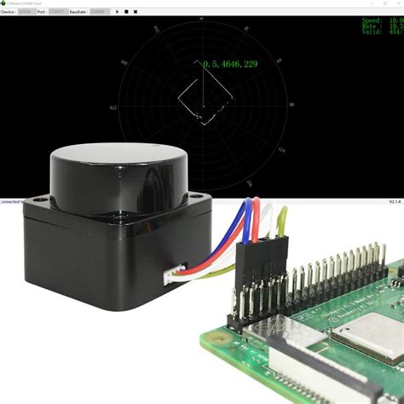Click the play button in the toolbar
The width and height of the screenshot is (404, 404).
pyautogui.click(x=117, y=12)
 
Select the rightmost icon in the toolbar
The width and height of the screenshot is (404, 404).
pyautogui.click(x=136, y=12)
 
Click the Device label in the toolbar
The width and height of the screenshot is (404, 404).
pyautogui.click(x=8, y=12)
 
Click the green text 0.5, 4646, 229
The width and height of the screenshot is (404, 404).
pyautogui.click(x=230, y=63)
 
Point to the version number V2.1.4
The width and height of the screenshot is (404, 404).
pyautogui.click(x=395, y=203)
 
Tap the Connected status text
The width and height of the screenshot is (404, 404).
pyautogui.click(x=10, y=202)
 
